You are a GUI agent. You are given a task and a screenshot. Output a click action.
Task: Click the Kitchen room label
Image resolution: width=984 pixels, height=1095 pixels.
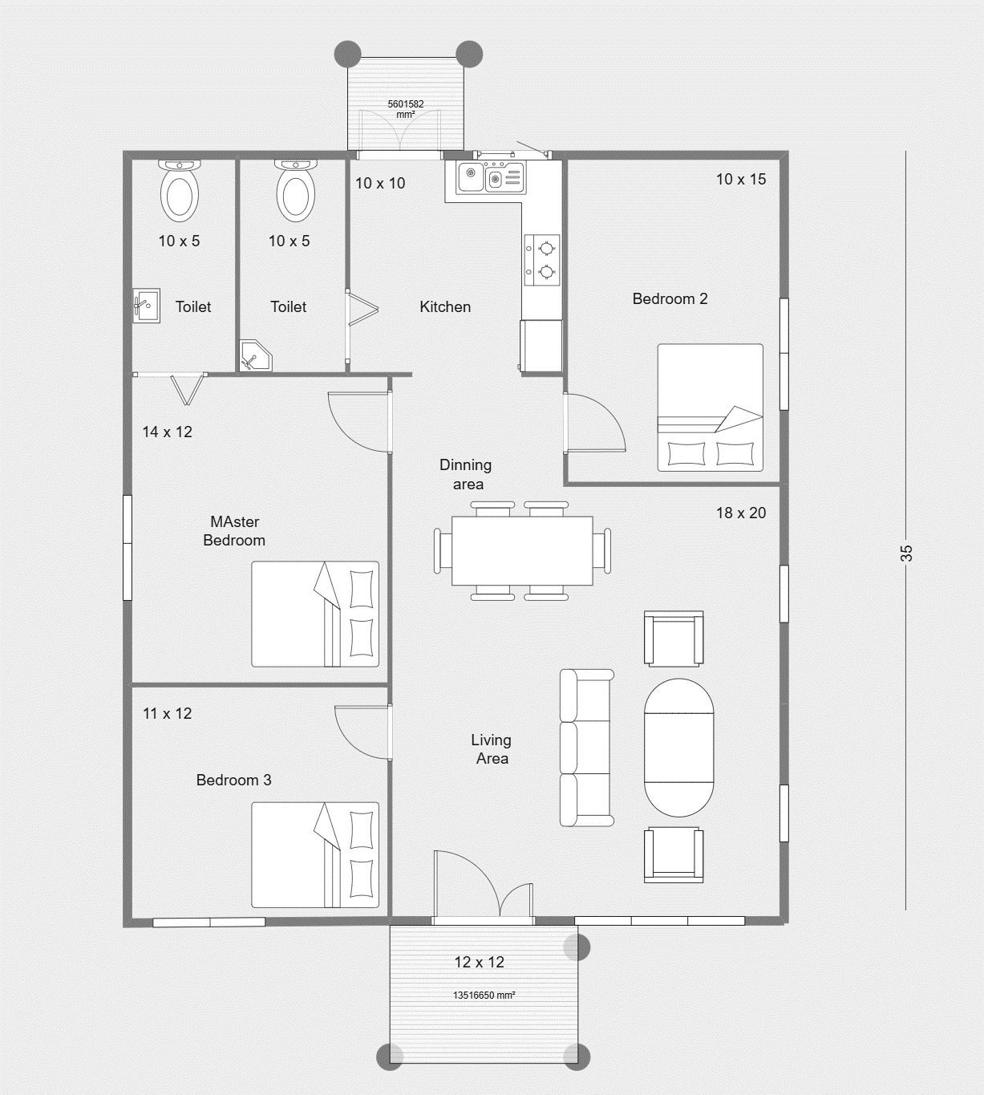[x=445, y=306]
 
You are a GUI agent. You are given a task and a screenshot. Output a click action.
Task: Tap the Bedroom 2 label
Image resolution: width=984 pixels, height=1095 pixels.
[x=670, y=298]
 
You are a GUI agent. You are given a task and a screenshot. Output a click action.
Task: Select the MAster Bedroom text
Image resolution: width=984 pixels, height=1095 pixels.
[x=234, y=530]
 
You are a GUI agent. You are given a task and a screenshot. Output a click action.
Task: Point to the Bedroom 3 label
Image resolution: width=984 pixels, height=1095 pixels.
[x=233, y=780]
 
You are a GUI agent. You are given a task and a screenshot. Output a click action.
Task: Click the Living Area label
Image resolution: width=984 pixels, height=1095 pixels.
[x=491, y=749]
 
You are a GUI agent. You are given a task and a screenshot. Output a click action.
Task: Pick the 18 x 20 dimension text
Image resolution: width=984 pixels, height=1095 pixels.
[x=740, y=513]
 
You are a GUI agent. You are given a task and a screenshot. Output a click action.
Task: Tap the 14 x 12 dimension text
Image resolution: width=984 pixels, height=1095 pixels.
[x=167, y=432]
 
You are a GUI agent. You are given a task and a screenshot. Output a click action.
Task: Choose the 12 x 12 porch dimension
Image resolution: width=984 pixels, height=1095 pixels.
[x=480, y=961]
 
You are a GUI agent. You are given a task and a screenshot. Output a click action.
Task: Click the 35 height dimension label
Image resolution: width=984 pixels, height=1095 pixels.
[x=906, y=553]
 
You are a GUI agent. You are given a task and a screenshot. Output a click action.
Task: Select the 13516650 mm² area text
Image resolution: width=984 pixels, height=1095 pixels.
[x=484, y=995]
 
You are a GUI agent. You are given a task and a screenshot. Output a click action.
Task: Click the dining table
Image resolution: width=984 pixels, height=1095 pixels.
[x=522, y=551]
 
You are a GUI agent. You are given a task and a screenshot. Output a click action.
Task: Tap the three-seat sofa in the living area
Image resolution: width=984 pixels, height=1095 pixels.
[x=587, y=748]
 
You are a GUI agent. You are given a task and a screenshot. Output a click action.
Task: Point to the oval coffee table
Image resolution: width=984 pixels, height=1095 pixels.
[x=679, y=748]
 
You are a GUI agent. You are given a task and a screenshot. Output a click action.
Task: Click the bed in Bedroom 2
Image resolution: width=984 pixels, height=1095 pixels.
[x=710, y=408]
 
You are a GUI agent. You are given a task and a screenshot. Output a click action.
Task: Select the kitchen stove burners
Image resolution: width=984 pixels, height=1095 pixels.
[x=542, y=260]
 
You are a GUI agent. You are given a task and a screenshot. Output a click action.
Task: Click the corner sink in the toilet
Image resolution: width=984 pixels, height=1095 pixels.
[x=255, y=356]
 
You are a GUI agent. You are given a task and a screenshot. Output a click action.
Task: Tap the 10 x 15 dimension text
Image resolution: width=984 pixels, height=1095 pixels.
[x=740, y=179]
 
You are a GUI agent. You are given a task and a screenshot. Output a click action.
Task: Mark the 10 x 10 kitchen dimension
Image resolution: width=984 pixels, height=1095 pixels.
[x=380, y=184]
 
